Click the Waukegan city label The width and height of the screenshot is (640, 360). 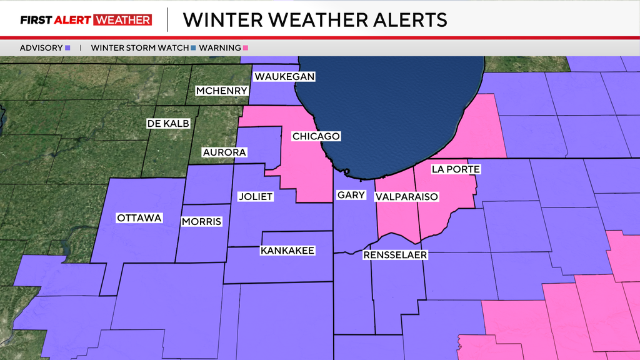tap(284, 77)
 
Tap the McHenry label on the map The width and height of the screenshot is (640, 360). tap(222, 91)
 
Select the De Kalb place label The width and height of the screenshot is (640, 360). tap(167, 124)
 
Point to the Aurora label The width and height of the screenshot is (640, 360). tap(224, 152)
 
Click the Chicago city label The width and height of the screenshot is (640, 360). tap(316, 136)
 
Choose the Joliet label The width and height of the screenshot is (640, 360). tap(256, 196)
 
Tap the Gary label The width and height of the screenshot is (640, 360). tap(351, 195)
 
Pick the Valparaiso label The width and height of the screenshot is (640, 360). tap(406, 197)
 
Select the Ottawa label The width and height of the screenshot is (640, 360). tap(139, 218)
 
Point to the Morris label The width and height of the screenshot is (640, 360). tap(201, 222)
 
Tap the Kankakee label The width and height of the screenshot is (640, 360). tap(287, 251)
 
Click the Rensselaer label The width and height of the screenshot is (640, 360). tap(395, 255)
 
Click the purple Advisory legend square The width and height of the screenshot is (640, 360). tap(67, 47)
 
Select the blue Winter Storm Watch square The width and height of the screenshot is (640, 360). tap(192, 47)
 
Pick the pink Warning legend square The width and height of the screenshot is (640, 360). tap(247, 47)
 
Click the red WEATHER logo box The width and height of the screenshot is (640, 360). tap(122, 20)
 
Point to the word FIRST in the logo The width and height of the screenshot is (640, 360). tap(36, 20)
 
